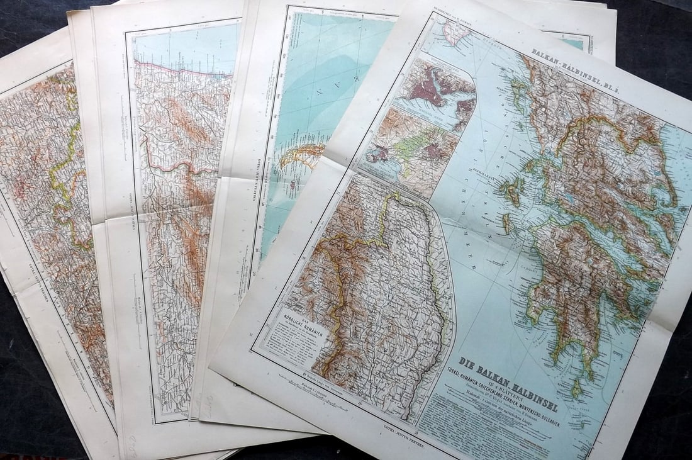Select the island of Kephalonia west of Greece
point(513,189)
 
